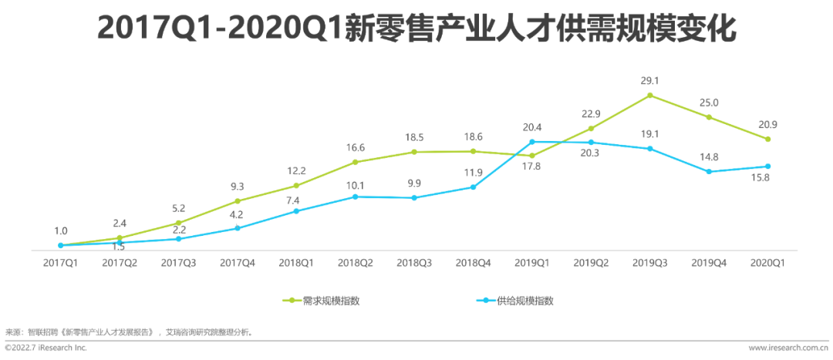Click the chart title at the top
416,29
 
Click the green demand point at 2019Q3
650,96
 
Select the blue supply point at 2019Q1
532,142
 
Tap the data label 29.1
650,80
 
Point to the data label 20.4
532,127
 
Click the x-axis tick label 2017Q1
60,263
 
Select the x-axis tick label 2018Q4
473,263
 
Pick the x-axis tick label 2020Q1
768,263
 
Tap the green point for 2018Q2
355,162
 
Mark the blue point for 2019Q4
709,172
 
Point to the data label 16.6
355,147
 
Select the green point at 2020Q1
768,139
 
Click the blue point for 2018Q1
296,211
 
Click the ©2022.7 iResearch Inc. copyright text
46,348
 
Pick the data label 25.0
709,103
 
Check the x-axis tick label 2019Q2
591,263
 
